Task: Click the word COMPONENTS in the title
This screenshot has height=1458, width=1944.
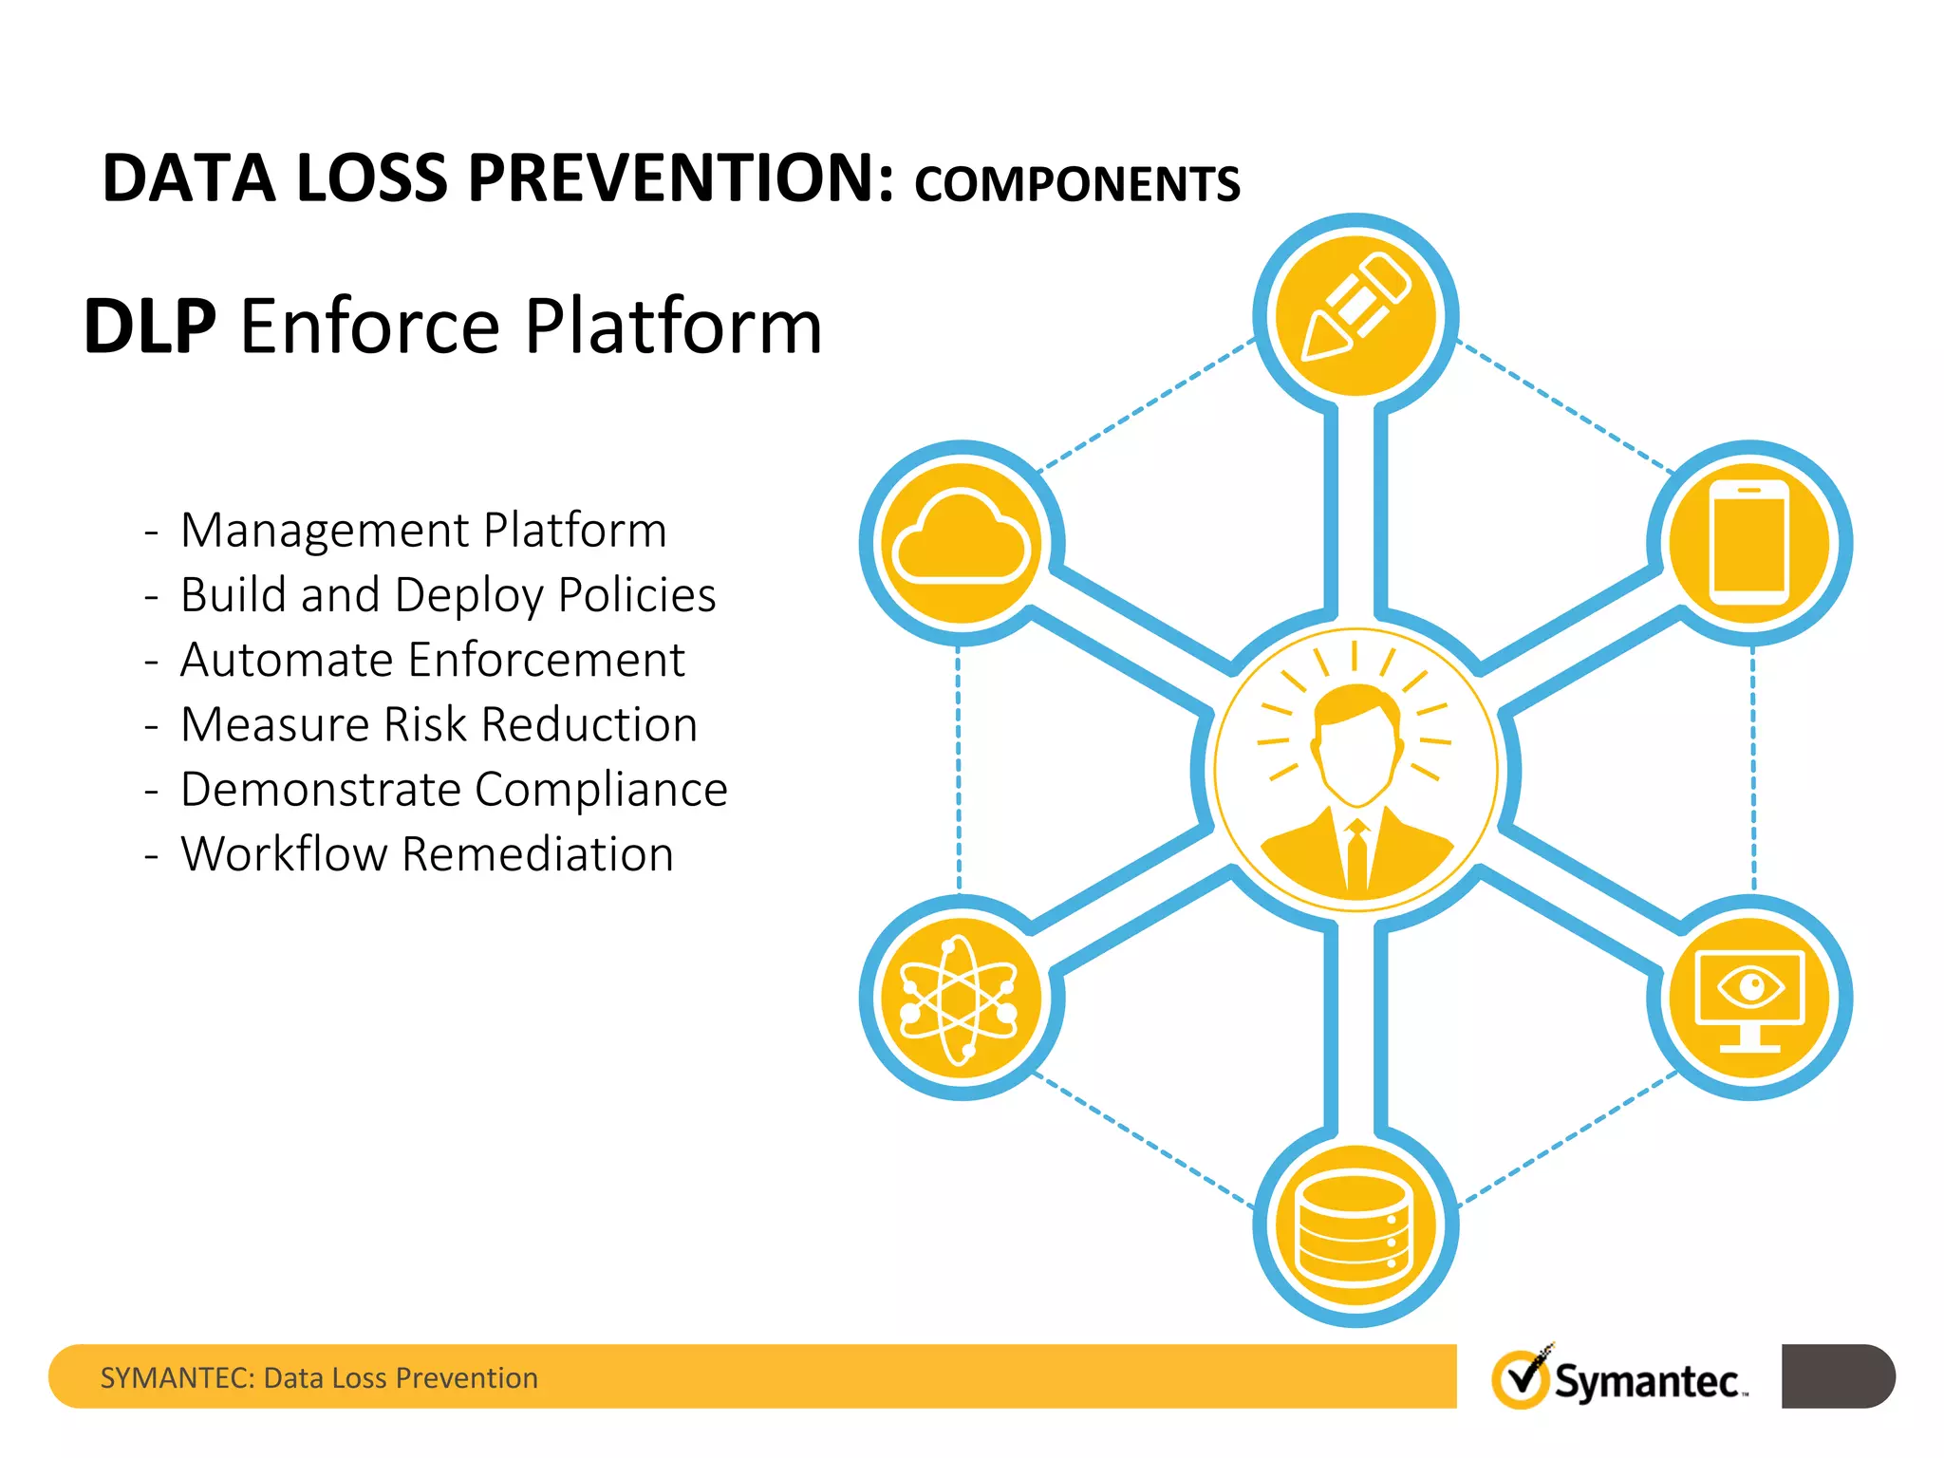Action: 1076,184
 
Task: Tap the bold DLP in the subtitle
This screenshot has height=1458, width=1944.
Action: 150,327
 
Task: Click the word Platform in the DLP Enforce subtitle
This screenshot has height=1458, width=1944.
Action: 673,327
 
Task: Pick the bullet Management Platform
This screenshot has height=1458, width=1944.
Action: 423,530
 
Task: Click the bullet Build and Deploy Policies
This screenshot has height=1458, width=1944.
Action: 447,595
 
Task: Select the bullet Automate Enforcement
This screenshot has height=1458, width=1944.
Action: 432,660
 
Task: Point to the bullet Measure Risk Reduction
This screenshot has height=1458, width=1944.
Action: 439,724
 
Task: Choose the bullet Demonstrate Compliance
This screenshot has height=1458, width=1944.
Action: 454,790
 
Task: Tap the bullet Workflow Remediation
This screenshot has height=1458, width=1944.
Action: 426,854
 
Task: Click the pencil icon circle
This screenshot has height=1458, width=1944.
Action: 1355,314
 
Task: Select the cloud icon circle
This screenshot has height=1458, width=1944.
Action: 962,542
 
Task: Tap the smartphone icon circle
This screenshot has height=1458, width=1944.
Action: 1749,542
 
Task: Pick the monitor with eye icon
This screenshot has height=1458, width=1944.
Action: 1749,999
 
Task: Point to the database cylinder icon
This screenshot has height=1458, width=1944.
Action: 1355,1224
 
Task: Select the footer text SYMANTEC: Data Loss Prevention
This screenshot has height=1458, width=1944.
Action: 319,1377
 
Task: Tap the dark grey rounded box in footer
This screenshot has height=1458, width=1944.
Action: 1837,1375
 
